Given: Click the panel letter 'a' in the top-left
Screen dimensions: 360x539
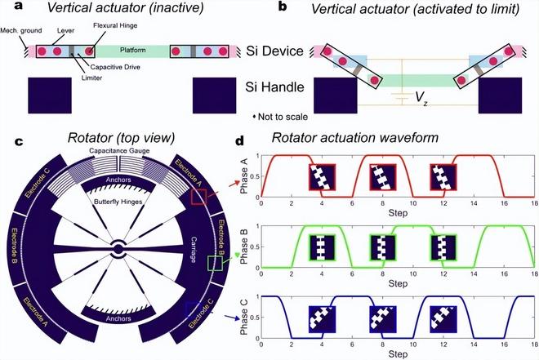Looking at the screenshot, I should point(8,8).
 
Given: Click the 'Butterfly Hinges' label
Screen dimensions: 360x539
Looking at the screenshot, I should point(118,198).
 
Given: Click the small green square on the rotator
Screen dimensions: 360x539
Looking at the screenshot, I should point(214,263).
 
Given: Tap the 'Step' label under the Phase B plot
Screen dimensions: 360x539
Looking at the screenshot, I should point(394,282).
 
